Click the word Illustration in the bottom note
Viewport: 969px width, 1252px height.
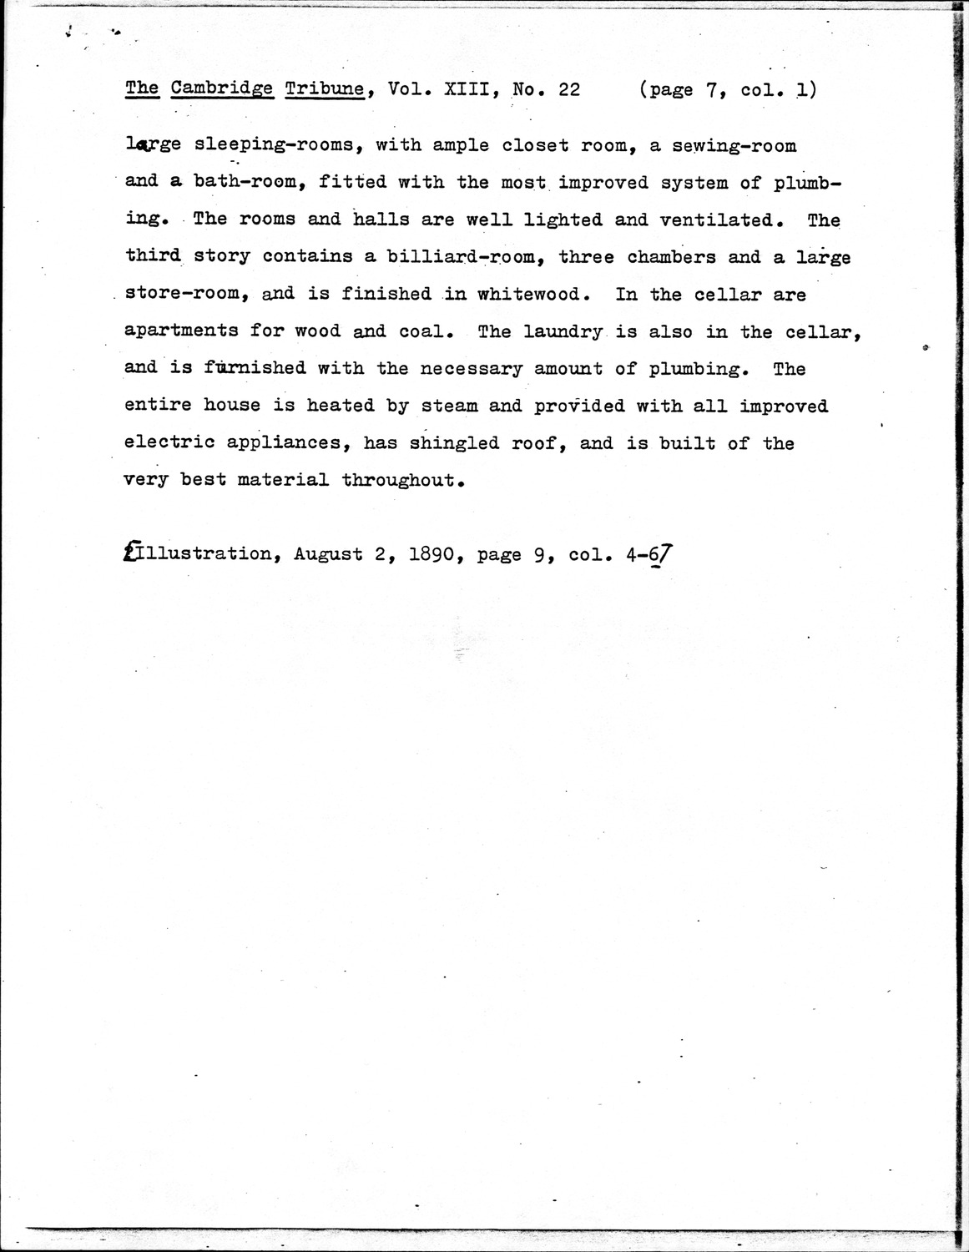click(x=200, y=554)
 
